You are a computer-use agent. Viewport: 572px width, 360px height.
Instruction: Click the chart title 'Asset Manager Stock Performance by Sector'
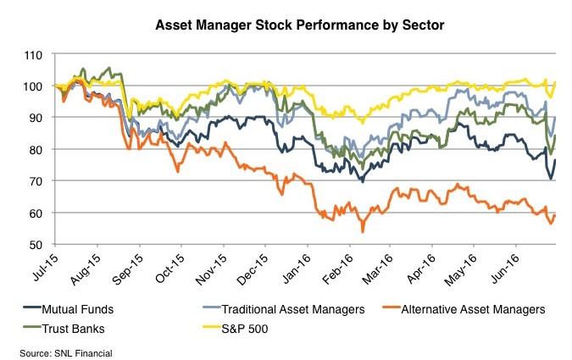pos(287,26)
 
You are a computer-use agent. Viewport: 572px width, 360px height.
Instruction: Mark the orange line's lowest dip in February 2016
pos(363,232)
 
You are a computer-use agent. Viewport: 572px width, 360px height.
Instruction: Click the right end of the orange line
pos(555,214)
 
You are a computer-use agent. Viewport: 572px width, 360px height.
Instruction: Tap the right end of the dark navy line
pos(555,160)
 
